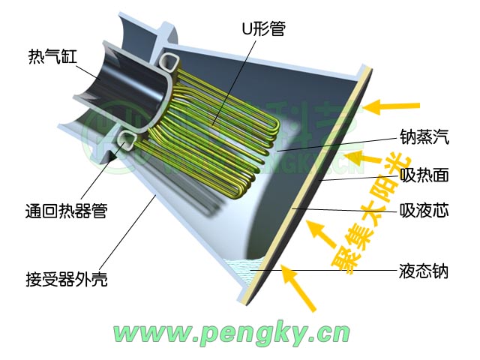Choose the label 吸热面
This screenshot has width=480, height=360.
[x=424, y=175]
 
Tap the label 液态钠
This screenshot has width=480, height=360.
[x=424, y=271]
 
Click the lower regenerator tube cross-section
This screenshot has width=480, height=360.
[x=123, y=140]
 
